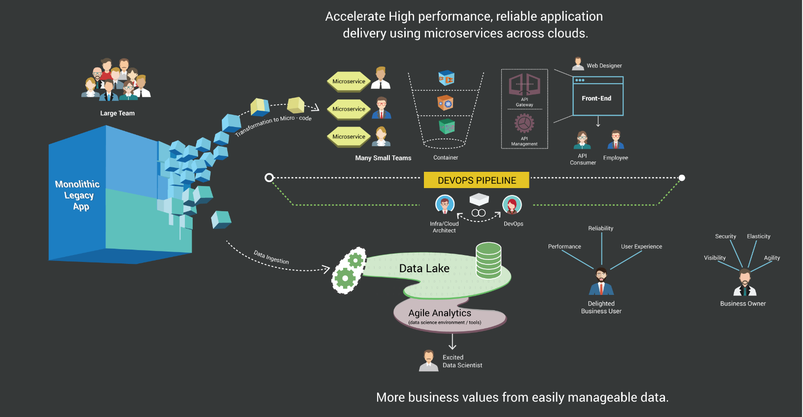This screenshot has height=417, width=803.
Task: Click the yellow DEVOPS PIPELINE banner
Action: pos(476,180)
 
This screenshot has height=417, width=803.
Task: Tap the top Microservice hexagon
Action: pos(349,82)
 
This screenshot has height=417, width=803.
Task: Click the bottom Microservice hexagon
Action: pos(349,137)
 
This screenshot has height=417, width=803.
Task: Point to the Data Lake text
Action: pos(424,268)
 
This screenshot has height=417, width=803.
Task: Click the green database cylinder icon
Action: pos(489,260)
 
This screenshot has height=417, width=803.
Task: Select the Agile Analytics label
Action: pos(440,313)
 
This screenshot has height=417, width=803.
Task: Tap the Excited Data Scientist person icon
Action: pos(428,361)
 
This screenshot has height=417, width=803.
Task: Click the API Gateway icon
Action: pos(524,85)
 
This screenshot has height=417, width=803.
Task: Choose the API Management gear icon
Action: pos(524,124)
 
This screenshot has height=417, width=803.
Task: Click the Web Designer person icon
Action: pos(578,64)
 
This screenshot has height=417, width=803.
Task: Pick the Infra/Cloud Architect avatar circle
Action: pos(445,204)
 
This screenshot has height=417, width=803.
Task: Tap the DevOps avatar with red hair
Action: pos(512,205)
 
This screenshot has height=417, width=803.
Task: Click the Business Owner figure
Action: pos(744,283)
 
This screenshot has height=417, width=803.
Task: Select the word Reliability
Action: pos(600,228)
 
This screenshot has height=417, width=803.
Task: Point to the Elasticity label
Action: pos(758,236)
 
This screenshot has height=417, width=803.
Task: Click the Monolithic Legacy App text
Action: pos(78,195)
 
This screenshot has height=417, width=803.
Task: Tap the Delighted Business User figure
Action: pos(601,282)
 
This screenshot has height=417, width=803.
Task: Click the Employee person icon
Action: pos(616,140)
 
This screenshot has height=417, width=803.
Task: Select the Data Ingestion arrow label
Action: pos(271,257)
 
